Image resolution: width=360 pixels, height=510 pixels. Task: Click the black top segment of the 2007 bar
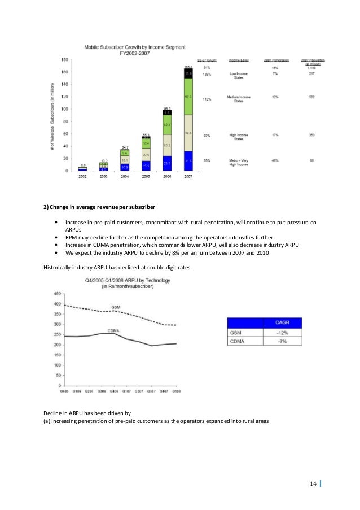click(x=188, y=73)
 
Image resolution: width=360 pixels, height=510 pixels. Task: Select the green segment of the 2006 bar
click(x=167, y=124)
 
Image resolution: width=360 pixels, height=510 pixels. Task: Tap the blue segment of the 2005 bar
click(x=146, y=165)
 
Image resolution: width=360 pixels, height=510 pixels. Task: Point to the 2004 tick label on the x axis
click(x=125, y=177)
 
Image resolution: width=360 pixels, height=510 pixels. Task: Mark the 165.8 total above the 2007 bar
click(x=188, y=67)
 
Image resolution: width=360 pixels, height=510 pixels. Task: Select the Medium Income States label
click(x=240, y=99)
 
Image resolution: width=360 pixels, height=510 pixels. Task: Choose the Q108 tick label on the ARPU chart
click(x=176, y=390)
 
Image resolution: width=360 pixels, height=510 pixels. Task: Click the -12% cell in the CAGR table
click(x=284, y=332)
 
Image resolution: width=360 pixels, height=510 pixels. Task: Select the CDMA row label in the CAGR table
click(x=237, y=342)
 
